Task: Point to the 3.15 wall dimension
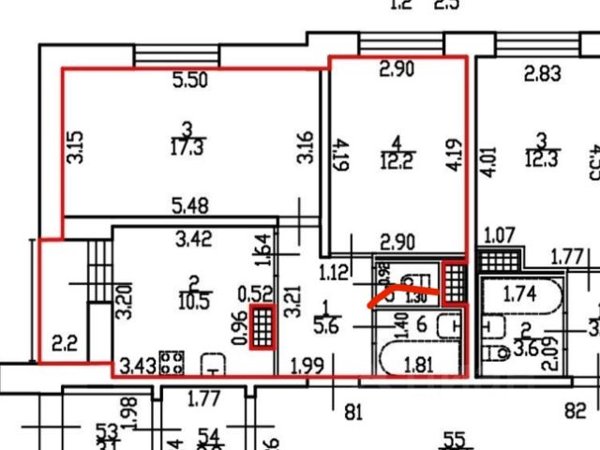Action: click(x=76, y=146)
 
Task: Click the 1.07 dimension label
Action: click(x=499, y=233)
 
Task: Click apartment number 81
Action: click(x=353, y=409)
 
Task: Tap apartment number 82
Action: click(x=576, y=409)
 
